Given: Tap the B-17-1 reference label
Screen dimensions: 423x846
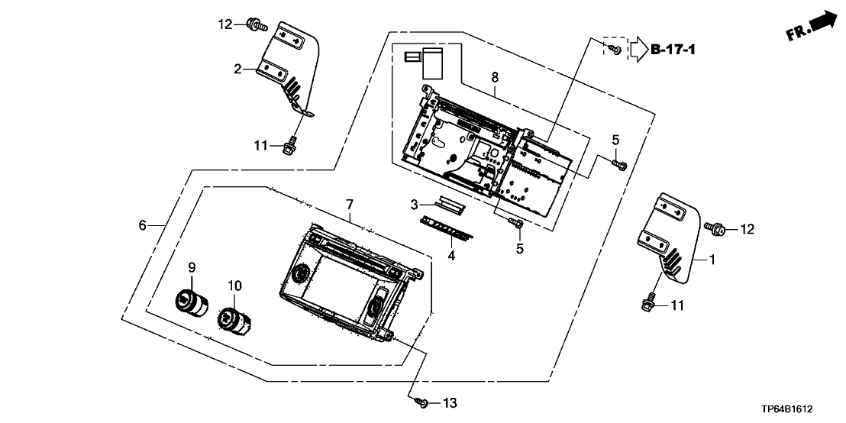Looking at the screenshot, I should click(673, 50).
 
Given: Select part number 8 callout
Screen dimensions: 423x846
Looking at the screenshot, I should click(495, 77).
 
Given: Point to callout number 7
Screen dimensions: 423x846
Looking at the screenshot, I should click(350, 204).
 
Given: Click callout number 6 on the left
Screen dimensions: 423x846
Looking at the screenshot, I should click(141, 224).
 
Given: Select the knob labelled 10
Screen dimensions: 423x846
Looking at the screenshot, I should click(234, 318).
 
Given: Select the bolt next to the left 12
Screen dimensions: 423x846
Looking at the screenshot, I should click(257, 26).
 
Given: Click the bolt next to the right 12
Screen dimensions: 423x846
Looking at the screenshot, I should click(716, 228).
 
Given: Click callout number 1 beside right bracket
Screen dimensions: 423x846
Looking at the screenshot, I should click(712, 260).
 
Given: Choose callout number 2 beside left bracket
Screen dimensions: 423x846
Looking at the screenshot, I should click(238, 69).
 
